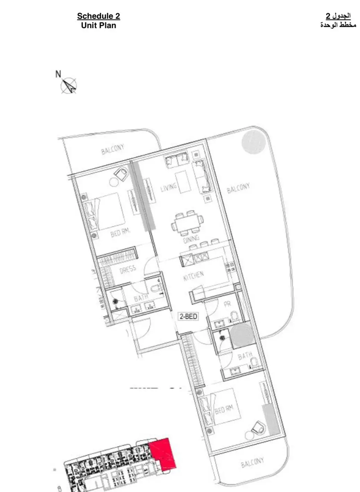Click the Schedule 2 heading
point(98,16)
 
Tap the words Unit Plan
point(98,25)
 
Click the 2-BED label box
point(188,316)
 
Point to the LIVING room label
point(169,188)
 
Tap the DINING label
point(191,239)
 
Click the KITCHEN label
point(194,276)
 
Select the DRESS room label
point(128,269)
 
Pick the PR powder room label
point(228,304)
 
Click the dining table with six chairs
point(187,222)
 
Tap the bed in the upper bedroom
point(106,212)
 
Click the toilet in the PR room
point(235,316)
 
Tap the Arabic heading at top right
point(338,20)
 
